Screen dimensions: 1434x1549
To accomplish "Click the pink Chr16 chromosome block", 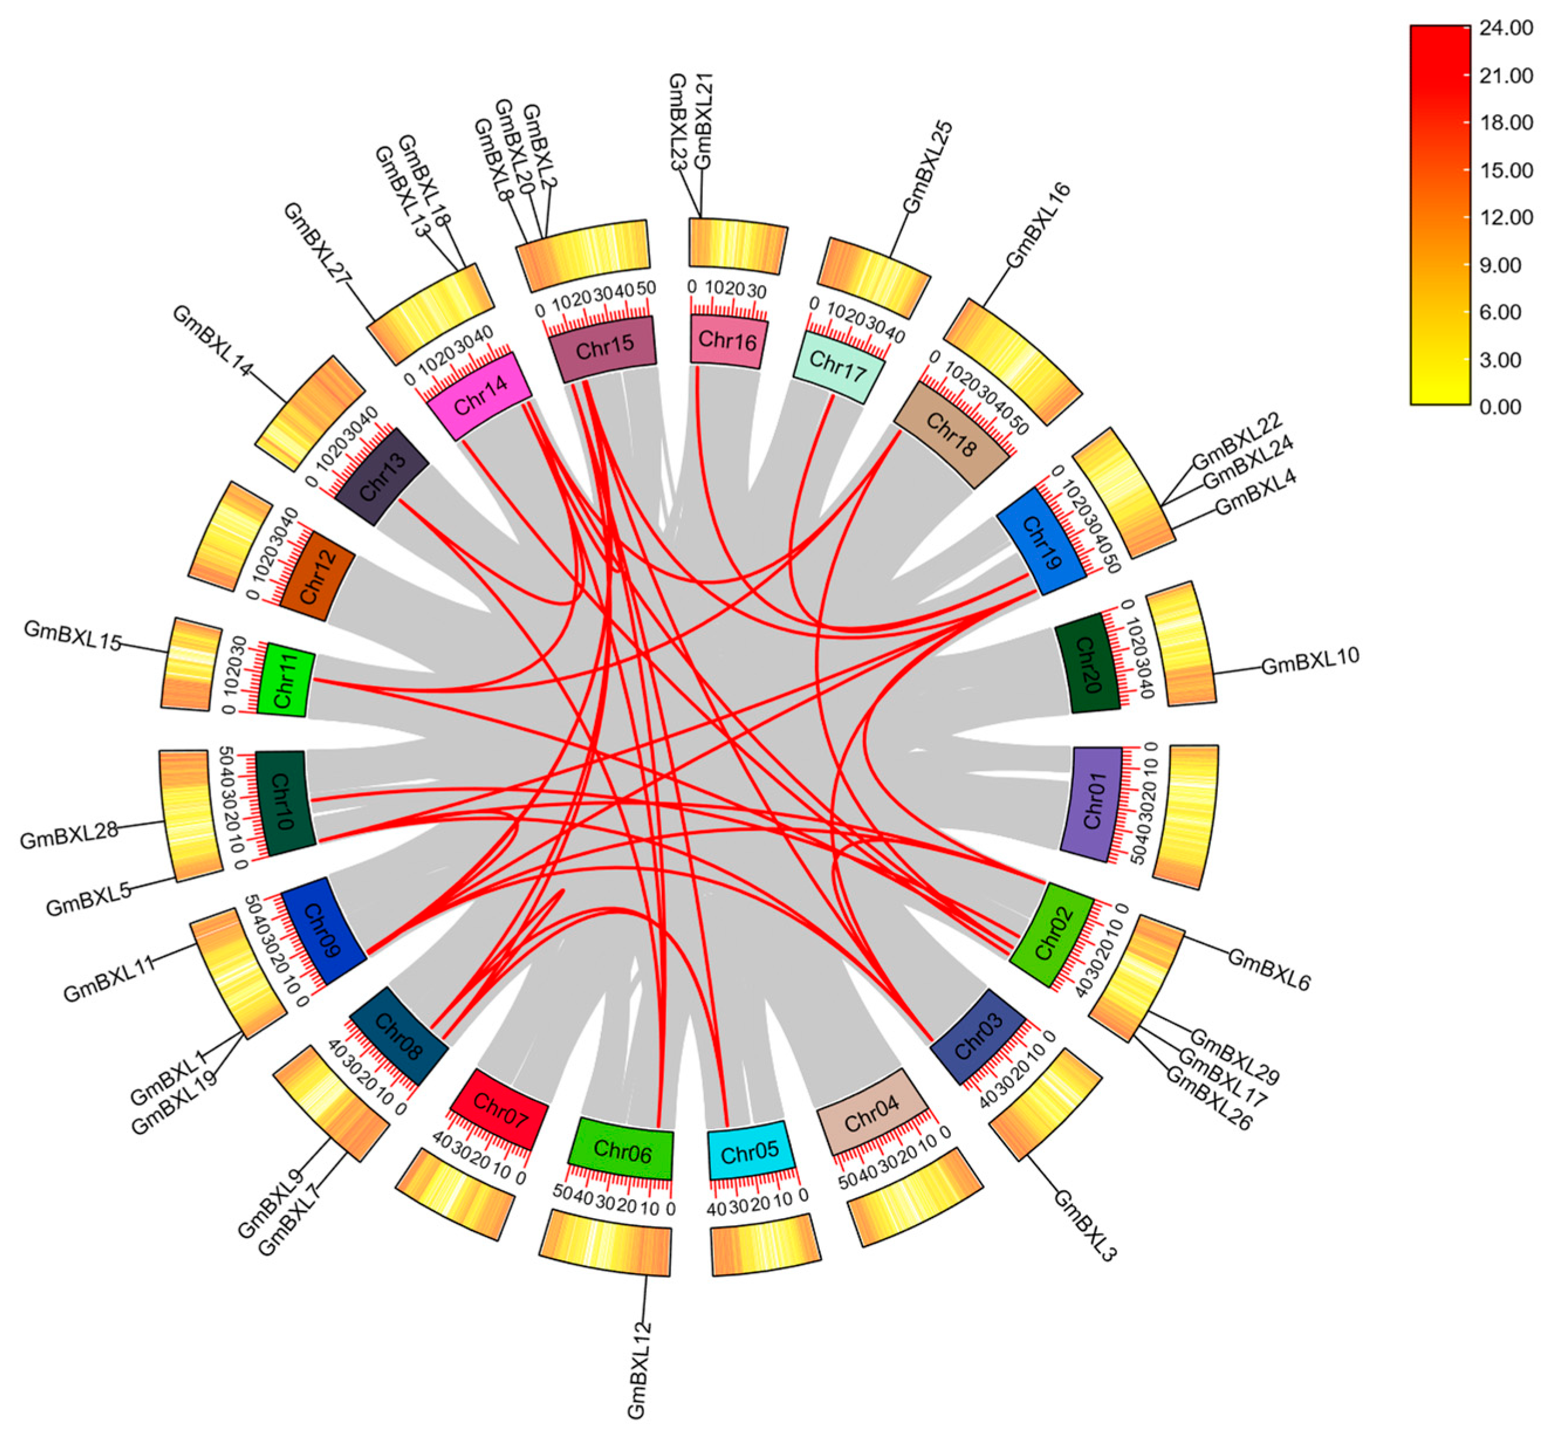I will tap(728, 341).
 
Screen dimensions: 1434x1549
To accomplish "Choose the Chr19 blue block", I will tap(1040, 541).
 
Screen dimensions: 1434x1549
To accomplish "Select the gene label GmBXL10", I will tap(1310, 661).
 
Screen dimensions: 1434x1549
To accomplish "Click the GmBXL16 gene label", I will tap(1038, 225).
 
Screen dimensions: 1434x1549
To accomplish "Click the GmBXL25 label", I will tap(928, 167).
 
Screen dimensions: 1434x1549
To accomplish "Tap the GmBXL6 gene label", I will tap(1269, 970).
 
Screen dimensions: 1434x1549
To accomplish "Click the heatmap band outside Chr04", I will tap(916, 1196).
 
